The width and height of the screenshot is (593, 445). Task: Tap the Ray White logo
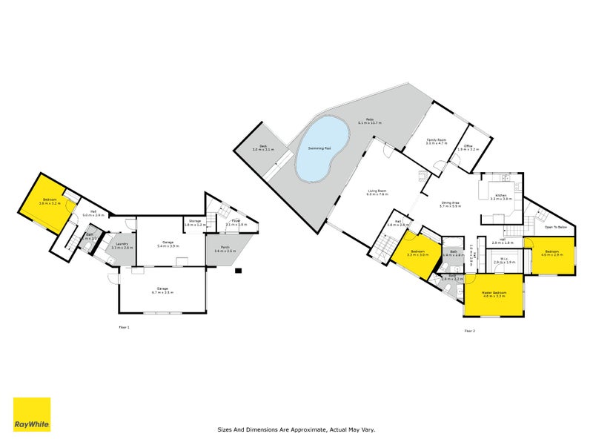[x=32, y=415]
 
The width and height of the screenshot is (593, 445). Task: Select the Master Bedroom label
[x=494, y=294]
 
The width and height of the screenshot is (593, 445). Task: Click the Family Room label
[x=435, y=141]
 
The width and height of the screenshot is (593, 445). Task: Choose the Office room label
[x=468, y=147]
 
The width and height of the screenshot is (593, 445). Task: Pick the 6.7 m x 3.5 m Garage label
[x=162, y=290]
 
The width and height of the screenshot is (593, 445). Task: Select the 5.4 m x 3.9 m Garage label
[x=168, y=243]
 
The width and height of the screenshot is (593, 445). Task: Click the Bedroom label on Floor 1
[x=50, y=201]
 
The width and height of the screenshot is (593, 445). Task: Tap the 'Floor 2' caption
[x=469, y=331]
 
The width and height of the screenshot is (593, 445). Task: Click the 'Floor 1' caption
[x=124, y=327]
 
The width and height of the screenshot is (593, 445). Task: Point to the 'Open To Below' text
[x=555, y=227]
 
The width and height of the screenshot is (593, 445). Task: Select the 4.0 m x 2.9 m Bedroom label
[x=552, y=253]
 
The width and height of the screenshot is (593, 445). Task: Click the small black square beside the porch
[x=239, y=270]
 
